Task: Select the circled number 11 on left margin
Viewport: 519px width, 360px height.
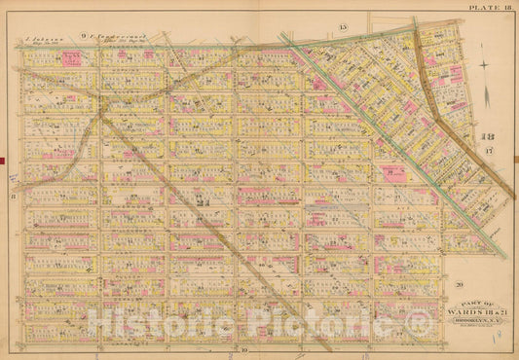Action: pos(14,197)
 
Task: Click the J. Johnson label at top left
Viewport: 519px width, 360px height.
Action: pos(38,44)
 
